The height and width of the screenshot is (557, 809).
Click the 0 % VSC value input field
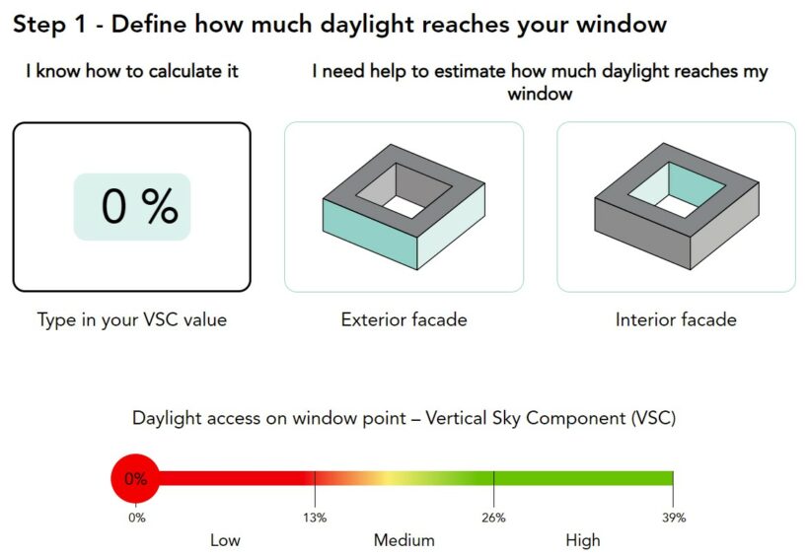click(132, 207)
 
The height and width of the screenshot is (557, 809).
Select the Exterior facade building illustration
click(404, 206)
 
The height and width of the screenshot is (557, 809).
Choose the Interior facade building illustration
click(677, 206)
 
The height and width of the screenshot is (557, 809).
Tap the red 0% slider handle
click(135, 478)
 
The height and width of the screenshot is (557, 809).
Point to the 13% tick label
click(315, 518)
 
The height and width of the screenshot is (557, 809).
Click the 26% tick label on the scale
click(493, 518)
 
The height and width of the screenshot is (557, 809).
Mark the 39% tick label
click(674, 518)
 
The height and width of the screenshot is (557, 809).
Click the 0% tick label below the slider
click(137, 518)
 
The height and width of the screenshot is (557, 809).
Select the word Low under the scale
click(225, 540)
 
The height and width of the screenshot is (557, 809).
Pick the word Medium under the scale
click(404, 540)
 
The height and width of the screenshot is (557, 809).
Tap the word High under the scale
click(583, 540)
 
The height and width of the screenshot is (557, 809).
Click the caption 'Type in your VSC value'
click(132, 319)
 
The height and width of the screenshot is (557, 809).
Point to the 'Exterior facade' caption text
click(404, 319)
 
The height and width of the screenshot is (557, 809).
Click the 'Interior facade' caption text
click(676, 319)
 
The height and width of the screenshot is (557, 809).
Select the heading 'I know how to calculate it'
click(132, 71)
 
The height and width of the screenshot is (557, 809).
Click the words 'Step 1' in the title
click(49, 25)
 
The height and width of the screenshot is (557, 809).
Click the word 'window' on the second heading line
click(540, 94)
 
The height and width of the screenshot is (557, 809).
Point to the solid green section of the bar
click(583, 478)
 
